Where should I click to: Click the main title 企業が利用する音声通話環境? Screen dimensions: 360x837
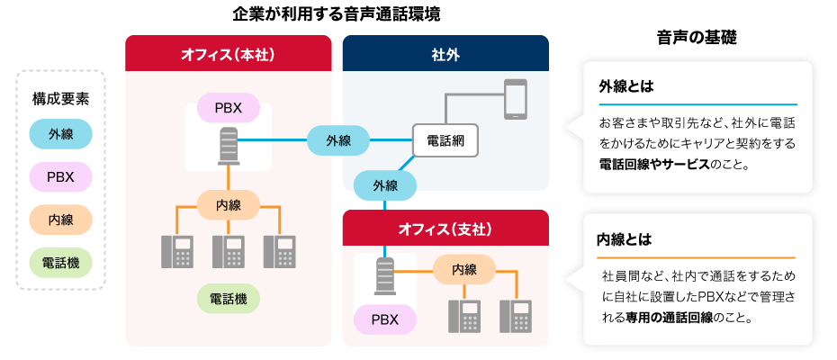click(336, 14)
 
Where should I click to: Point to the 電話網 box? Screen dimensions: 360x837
click(445, 141)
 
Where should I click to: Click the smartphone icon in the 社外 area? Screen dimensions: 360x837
click(515, 99)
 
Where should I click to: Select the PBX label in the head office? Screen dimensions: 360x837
click(228, 109)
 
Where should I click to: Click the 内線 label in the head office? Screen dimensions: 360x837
click(228, 205)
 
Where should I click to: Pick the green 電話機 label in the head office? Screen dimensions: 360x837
click(228, 297)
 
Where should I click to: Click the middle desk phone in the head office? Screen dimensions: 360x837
click(228, 251)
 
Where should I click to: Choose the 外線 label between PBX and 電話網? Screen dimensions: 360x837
click(337, 140)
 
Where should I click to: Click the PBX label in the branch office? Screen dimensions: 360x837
click(384, 319)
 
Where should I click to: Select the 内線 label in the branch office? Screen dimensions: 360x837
click(464, 269)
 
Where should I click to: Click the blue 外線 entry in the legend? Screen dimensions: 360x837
click(60, 134)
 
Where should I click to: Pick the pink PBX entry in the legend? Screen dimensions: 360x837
click(60, 176)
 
